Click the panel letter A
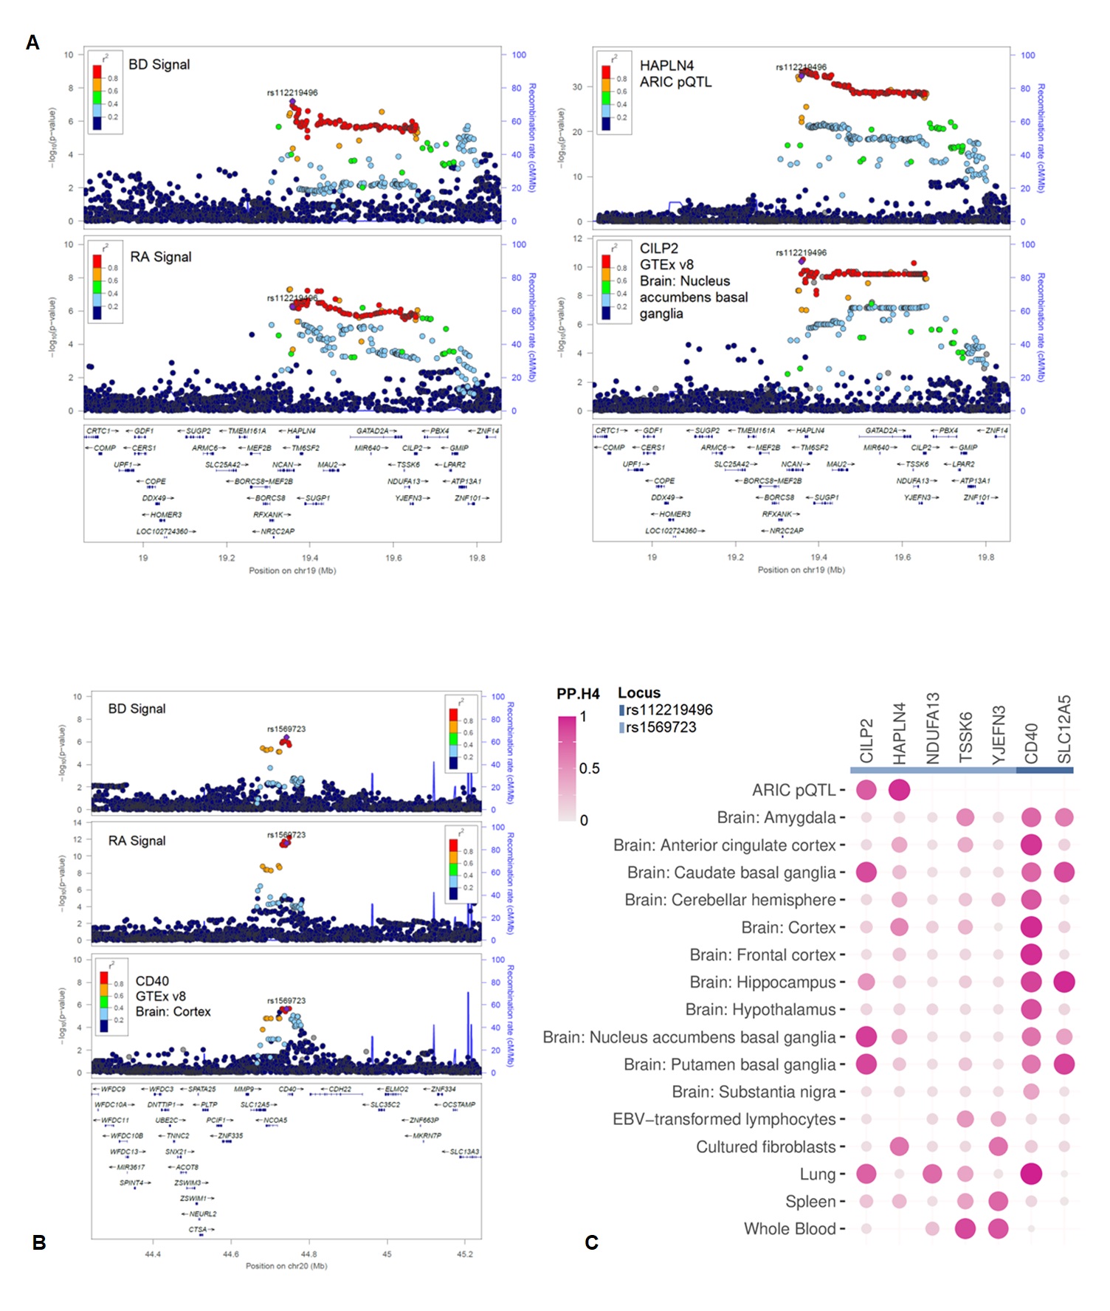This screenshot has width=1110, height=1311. (x=32, y=43)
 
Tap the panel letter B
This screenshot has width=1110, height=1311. (x=39, y=1242)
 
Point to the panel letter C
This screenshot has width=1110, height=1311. (x=591, y=1242)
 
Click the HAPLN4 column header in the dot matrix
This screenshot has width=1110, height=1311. (x=899, y=733)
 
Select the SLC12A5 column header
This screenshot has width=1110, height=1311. (x=1064, y=729)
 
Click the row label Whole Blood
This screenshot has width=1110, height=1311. (x=790, y=1229)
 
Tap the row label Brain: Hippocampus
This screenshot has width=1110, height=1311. (x=762, y=983)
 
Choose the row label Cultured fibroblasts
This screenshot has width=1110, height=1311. (x=765, y=1147)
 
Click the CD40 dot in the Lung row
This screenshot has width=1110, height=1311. (x=1031, y=1174)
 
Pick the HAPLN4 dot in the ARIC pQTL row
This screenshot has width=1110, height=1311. (x=899, y=790)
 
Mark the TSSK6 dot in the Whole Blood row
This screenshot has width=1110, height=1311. (x=965, y=1228)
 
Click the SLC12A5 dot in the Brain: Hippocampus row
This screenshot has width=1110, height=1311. (x=1064, y=983)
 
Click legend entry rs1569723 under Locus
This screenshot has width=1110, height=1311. (x=661, y=727)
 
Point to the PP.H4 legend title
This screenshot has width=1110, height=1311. (x=578, y=694)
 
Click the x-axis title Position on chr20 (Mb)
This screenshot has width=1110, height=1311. (x=286, y=1266)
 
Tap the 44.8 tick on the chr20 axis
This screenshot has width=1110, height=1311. (x=308, y=1253)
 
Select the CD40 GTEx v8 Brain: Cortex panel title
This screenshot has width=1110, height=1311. (x=173, y=996)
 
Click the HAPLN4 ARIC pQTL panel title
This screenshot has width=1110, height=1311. (x=675, y=74)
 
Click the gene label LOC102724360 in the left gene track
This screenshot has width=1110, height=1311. (x=162, y=531)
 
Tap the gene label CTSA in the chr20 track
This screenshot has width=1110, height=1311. (x=198, y=1229)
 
